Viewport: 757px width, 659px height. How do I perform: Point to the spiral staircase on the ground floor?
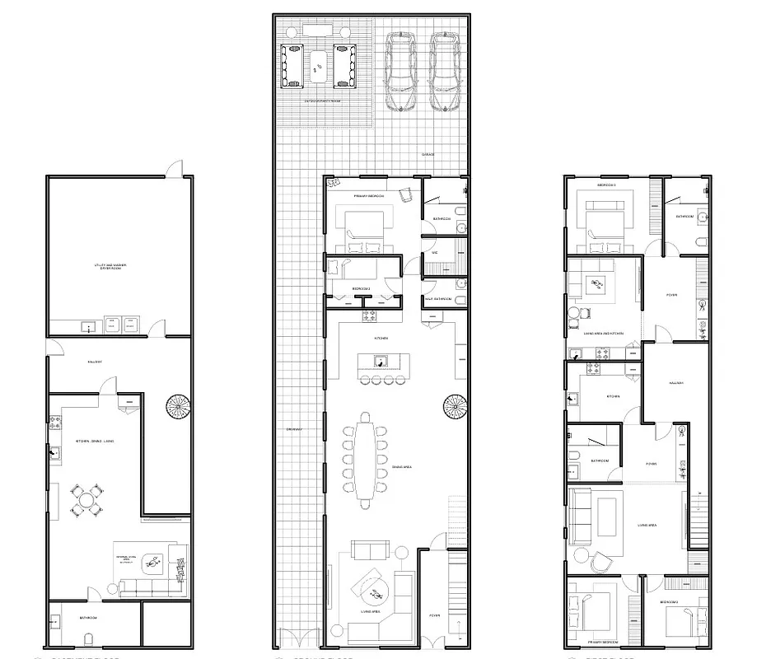point(455,407)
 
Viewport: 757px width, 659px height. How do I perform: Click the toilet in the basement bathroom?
point(89,639)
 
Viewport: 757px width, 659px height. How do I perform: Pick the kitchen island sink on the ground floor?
point(381,360)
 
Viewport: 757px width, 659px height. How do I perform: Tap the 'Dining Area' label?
point(402,467)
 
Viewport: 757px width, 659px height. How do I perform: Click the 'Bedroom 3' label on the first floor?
point(606,185)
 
